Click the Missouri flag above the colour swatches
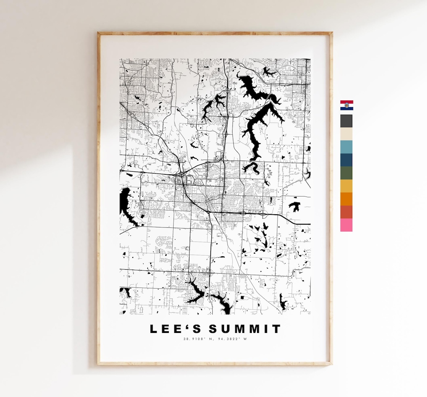point(346,105)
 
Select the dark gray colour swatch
point(346,121)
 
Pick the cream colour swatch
point(346,134)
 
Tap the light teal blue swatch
point(346,147)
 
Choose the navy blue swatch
point(346,160)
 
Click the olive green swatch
point(346,173)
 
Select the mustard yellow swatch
point(346,186)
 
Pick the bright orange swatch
point(346,199)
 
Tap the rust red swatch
point(346,212)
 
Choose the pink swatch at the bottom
point(346,225)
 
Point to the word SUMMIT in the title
point(245,329)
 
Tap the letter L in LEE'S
point(153,329)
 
